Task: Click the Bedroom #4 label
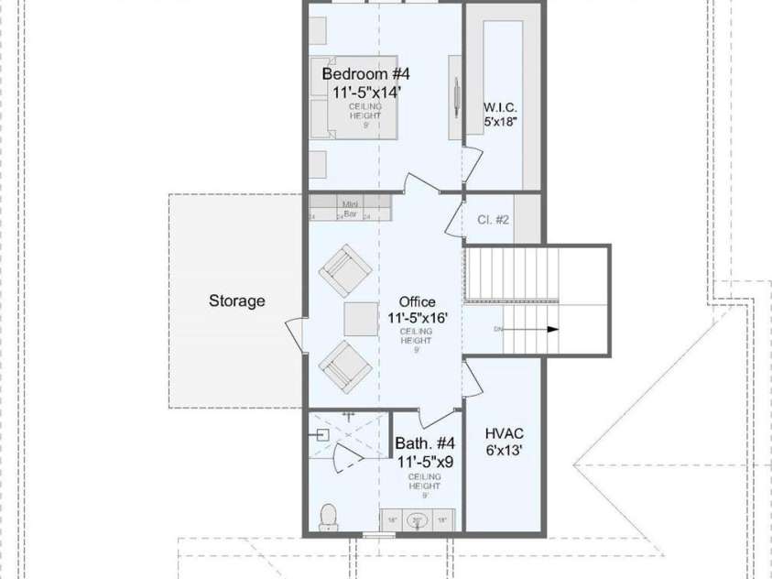pos(365,72)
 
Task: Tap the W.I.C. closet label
pos(501,106)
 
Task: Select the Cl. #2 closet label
pos(494,219)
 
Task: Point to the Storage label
pos(236,300)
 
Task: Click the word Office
pos(418,301)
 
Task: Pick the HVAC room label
pos(504,432)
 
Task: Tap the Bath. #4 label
pos(425,443)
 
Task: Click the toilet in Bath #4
pos(328,517)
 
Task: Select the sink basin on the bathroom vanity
pos(418,520)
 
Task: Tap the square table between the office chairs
pos(360,318)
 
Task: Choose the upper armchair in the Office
pos(344,270)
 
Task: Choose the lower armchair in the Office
pos(344,366)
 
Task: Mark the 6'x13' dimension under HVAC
pos(504,450)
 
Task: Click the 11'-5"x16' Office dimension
pos(418,318)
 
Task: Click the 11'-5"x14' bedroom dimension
pos(363,92)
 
